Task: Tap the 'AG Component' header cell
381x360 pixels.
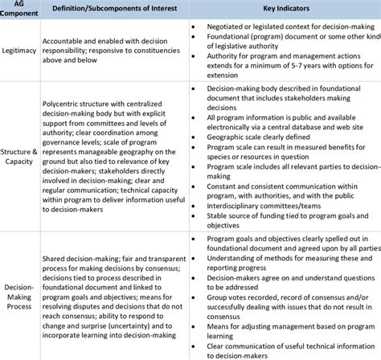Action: [17, 11]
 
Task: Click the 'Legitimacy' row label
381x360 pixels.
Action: [17, 50]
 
